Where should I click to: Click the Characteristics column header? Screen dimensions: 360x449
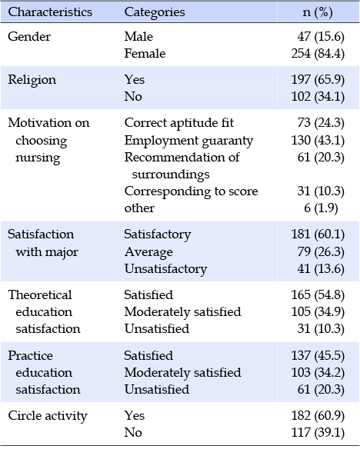[50, 12]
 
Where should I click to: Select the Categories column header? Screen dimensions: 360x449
[155, 12]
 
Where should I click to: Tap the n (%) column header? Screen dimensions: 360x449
[318, 12]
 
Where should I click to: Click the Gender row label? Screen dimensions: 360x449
[29, 37]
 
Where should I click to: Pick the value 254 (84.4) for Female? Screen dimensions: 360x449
[318, 54]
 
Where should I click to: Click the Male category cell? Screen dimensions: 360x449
[138, 37]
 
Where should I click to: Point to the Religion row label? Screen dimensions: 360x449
[32, 80]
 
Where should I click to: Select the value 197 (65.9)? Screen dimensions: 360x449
[318, 80]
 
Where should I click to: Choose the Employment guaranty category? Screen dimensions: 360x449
[189, 141]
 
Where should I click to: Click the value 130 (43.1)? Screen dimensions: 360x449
[318, 140]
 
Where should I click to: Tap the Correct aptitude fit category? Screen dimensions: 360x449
[179, 123]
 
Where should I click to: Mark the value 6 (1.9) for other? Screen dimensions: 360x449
[321, 208]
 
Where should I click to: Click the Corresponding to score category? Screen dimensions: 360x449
[192, 191]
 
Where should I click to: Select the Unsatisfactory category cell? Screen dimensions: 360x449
[166, 269]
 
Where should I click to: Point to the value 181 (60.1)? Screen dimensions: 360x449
[318, 234]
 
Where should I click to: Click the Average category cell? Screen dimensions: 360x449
[149, 252]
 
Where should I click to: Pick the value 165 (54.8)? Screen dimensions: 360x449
[318, 295]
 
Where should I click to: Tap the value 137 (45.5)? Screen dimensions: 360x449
[318, 356]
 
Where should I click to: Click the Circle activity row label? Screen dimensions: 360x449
[48, 416]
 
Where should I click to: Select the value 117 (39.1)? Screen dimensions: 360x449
[318, 433]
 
